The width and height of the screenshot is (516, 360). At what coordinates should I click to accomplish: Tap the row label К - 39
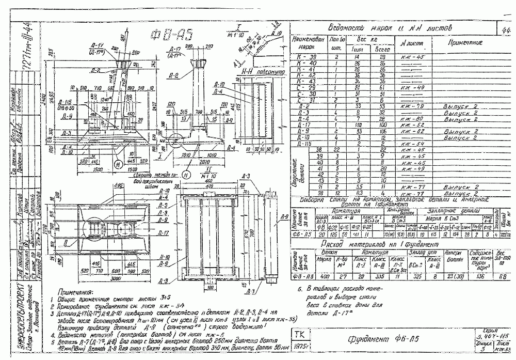305,56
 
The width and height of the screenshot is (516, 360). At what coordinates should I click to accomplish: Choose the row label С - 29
305,88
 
